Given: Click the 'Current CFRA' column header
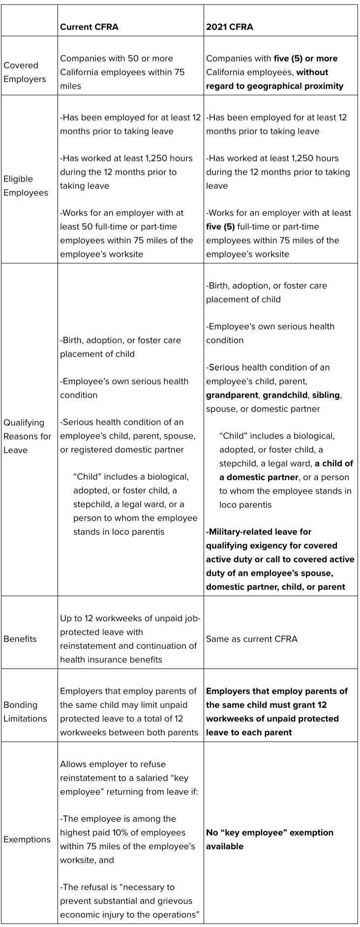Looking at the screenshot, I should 89,27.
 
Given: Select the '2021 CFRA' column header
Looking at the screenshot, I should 229,27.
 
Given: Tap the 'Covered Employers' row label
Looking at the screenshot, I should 25,72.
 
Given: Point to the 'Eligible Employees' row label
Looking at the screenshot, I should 26,185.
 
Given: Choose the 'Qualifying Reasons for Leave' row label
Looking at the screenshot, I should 28,436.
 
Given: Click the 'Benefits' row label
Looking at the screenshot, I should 20,639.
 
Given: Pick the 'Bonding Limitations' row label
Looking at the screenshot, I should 25,712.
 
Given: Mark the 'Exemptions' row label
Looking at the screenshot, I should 27,839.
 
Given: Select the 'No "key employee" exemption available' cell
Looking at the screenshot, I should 270,839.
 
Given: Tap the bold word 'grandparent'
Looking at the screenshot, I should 232,395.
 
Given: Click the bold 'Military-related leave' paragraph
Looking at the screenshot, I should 280,559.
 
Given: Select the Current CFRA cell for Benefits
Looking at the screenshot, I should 130,639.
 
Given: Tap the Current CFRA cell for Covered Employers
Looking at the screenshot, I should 122,72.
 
